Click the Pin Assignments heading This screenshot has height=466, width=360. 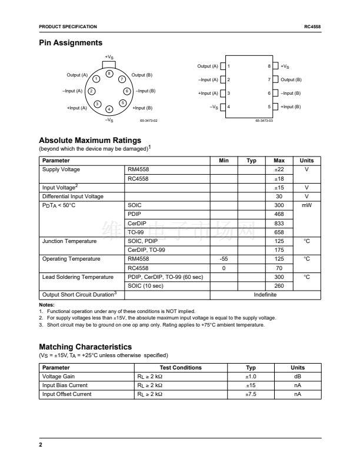tap(71, 43)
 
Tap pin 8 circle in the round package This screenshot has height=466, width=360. tap(109, 72)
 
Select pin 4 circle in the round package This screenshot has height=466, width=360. tap(109, 109)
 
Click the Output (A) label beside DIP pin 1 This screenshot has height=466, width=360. tap(208, 66)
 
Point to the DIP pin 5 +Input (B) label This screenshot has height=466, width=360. tap(291, 106)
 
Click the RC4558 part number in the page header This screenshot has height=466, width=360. tap(312, 26)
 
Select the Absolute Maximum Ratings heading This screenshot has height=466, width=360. tap(90, 141)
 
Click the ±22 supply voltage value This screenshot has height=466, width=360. tap(279, 169)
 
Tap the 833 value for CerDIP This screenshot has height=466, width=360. tap(279, 223)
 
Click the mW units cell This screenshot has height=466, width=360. tap(306, 205)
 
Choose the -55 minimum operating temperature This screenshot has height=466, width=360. tap(224, 259)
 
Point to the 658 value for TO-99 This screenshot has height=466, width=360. tap(279, 232)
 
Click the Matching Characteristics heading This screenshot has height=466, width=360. tap(85, 347)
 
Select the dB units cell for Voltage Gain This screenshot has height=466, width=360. tap(297, 377)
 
